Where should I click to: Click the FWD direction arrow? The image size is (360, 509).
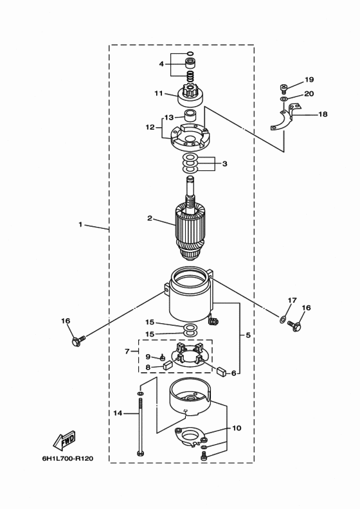click(64, 440)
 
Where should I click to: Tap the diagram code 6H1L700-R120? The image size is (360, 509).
click(67, 459)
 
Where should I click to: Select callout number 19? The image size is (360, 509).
click(309, 80)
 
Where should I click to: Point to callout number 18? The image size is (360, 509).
click(323, 114)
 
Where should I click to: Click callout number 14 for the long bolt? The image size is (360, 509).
click(118, 413)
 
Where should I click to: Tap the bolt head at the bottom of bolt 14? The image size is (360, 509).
click(140, 452)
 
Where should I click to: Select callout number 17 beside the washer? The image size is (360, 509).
click(292, 300)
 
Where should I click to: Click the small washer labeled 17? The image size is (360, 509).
click(282, 319)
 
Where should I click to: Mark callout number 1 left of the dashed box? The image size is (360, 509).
click(80, 224)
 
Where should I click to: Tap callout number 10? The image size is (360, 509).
click(237, 428)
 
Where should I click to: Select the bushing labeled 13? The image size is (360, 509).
click(191, 116)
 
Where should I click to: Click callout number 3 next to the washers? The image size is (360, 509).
click(224, 164)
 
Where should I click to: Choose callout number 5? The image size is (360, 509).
click(248, 335)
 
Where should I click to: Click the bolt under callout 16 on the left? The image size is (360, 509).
click(78, 340)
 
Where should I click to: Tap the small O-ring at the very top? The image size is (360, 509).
click(190, 53)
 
